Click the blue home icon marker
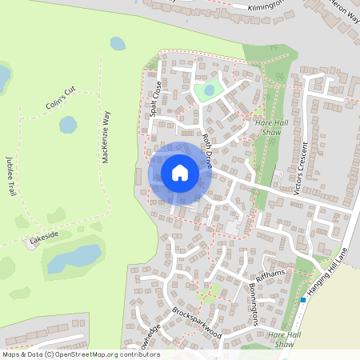180,172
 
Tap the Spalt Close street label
154,98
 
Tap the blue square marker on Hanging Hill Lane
303,301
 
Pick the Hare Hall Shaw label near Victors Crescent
270,126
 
